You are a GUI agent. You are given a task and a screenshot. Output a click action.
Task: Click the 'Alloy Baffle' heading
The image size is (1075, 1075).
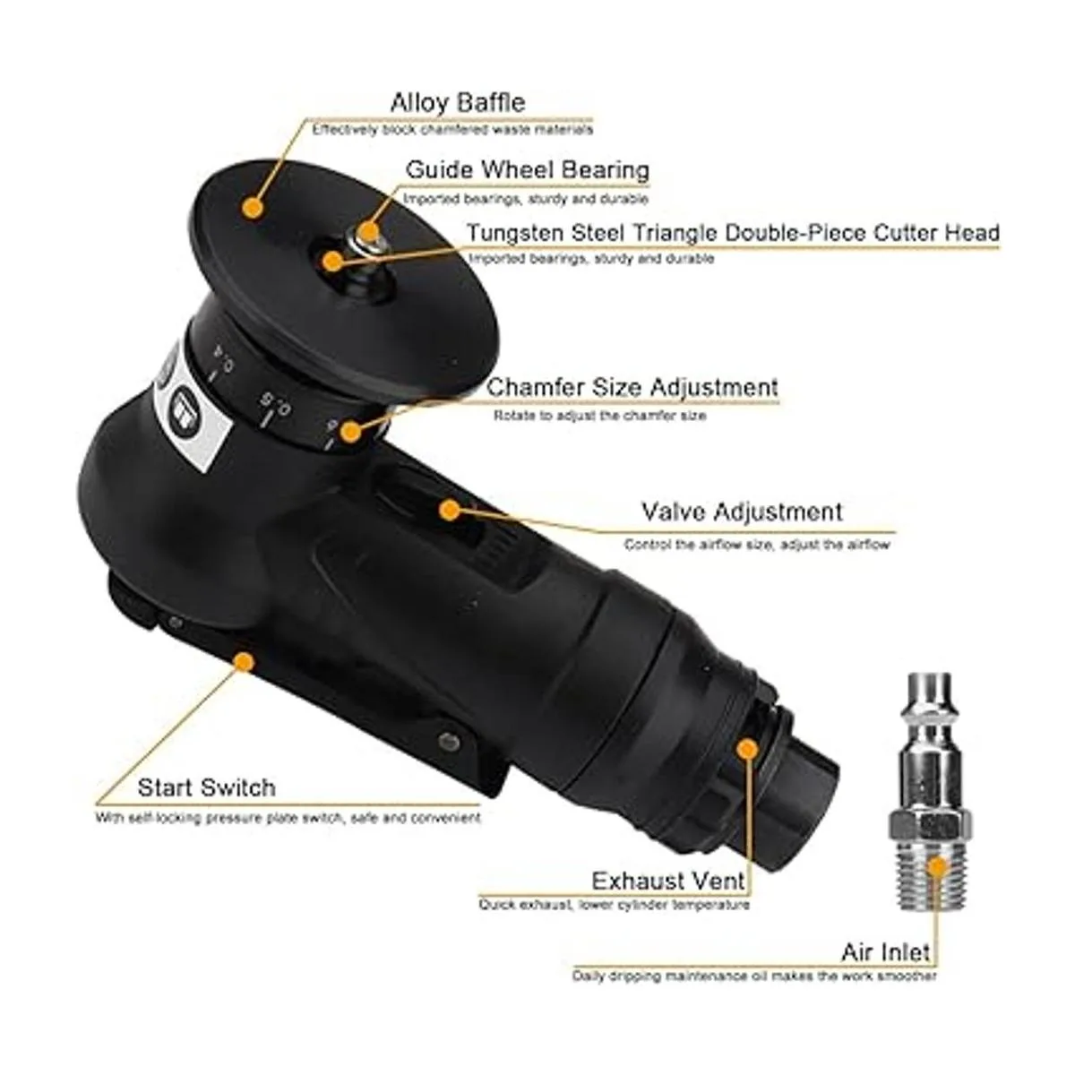[x=458, y=103]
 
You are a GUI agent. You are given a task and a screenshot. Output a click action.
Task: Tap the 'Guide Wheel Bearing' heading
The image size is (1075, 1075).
[x=528, y=169]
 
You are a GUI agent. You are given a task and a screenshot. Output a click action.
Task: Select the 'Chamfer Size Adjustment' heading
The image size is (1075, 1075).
[x=632, y=388]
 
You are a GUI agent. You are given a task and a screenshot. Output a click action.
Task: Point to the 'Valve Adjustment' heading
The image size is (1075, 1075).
[x=742, y=512]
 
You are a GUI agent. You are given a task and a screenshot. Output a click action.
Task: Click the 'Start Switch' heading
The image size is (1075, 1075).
[x=206, y=787]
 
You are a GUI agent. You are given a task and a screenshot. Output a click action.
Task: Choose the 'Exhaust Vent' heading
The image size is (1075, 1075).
[x=668, y=881]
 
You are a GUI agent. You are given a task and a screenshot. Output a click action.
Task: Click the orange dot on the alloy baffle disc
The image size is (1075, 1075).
[x=253, y=208]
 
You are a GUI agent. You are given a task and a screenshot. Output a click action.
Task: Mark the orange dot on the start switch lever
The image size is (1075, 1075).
[x=244, y=662]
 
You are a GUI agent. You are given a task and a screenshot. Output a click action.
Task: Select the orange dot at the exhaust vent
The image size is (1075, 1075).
[x=746, y=749]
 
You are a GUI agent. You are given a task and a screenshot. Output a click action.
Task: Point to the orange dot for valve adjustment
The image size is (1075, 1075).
[x=449, y=510]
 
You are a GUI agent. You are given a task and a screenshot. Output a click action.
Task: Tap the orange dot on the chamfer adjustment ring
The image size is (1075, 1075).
[x=350, y=431]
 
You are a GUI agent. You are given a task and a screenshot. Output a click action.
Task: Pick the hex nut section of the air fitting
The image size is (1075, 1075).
[x=929, y=825]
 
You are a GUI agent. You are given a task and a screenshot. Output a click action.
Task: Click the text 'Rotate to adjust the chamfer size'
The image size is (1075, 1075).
[x=599, y=416]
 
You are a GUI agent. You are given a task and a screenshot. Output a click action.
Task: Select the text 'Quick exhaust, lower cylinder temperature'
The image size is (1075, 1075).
[x=614, y=905]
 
